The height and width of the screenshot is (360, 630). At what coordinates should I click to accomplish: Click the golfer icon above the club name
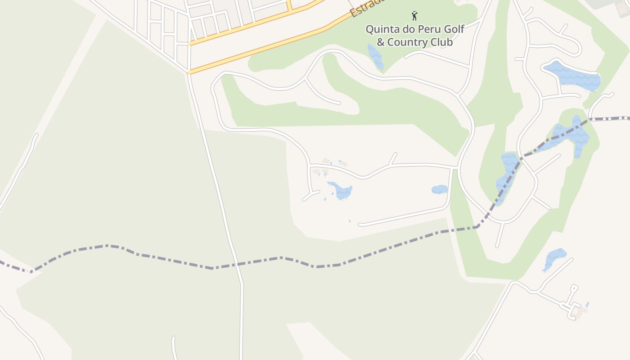coord(414,16)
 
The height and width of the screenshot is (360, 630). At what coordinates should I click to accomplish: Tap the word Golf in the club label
coord(453,30)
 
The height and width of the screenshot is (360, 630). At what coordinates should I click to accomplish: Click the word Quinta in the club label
coord(382,30)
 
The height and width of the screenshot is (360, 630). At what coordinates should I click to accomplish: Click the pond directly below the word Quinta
coord(375,56)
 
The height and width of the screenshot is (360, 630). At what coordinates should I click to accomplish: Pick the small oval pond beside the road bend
coord(440,189)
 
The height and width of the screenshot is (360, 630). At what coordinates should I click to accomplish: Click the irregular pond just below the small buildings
coord(341,190)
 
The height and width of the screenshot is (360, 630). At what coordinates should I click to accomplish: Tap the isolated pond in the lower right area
coord(554,258)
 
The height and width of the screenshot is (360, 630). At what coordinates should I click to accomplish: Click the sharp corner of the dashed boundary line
coord(477,227)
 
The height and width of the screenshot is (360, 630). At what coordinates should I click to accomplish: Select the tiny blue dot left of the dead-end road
coord(349,221)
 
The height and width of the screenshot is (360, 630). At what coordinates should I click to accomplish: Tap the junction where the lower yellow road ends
coord(189,72)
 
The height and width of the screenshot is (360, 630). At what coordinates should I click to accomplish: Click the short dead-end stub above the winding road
coord(393,158)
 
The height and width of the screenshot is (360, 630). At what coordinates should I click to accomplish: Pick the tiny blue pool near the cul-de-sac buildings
coord(587,305)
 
